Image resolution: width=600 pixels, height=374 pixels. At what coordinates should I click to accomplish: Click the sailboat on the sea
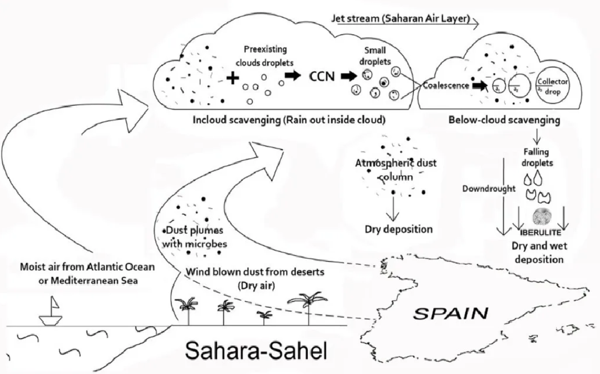tap(52, 312)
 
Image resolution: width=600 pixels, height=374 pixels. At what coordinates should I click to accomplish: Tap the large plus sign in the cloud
tap(231, 78)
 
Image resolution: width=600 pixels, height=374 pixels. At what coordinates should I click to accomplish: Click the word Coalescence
tap(445, 86)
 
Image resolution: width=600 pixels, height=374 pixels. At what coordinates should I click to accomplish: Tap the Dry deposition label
tap(398, 230)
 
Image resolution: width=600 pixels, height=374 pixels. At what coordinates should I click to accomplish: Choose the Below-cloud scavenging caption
tap(504, 120)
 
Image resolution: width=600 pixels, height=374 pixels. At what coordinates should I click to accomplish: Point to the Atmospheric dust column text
tap(395, 169)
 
